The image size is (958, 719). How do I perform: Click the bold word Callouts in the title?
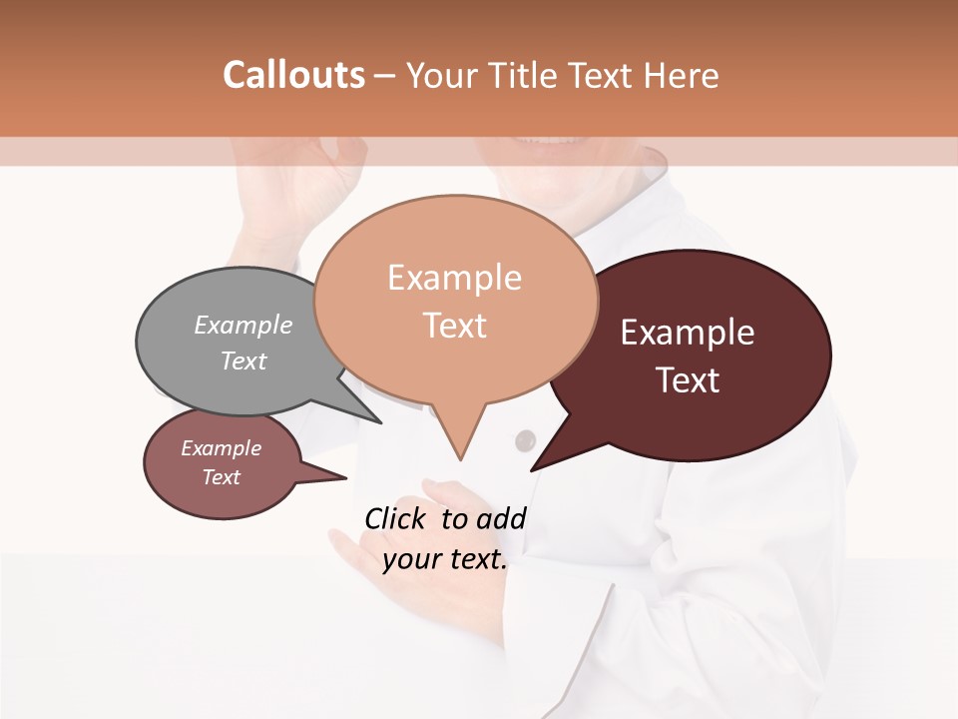pyautogui.click(x=293, y=75)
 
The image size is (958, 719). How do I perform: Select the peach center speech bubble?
pyautogui.click(x=455, y=300)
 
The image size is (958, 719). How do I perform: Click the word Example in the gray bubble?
pyautogui.click(x=243, y=325)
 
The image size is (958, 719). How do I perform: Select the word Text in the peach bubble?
pyautogui.click(x=455, y=325)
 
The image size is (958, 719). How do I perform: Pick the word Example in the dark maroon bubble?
pyautogui.click(x=688, y=333)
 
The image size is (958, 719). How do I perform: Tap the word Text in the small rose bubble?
pyautogui.click(x=222, y=477)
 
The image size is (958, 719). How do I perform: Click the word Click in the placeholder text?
pyautogui.click(x=395, y=518)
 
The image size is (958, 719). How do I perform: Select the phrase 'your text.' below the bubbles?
pyautogui.click(x=445, y=559)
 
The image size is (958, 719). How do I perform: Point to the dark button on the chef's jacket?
pyautogui.click(x=525, y=440)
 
